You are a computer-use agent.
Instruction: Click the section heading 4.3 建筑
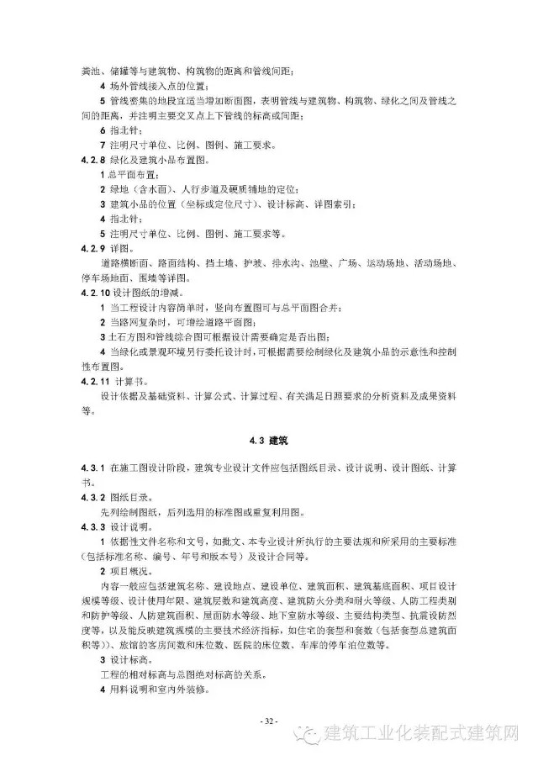[269, 440]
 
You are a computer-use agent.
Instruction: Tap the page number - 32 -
[269, 720]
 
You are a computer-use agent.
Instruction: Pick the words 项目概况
[130, 572]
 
